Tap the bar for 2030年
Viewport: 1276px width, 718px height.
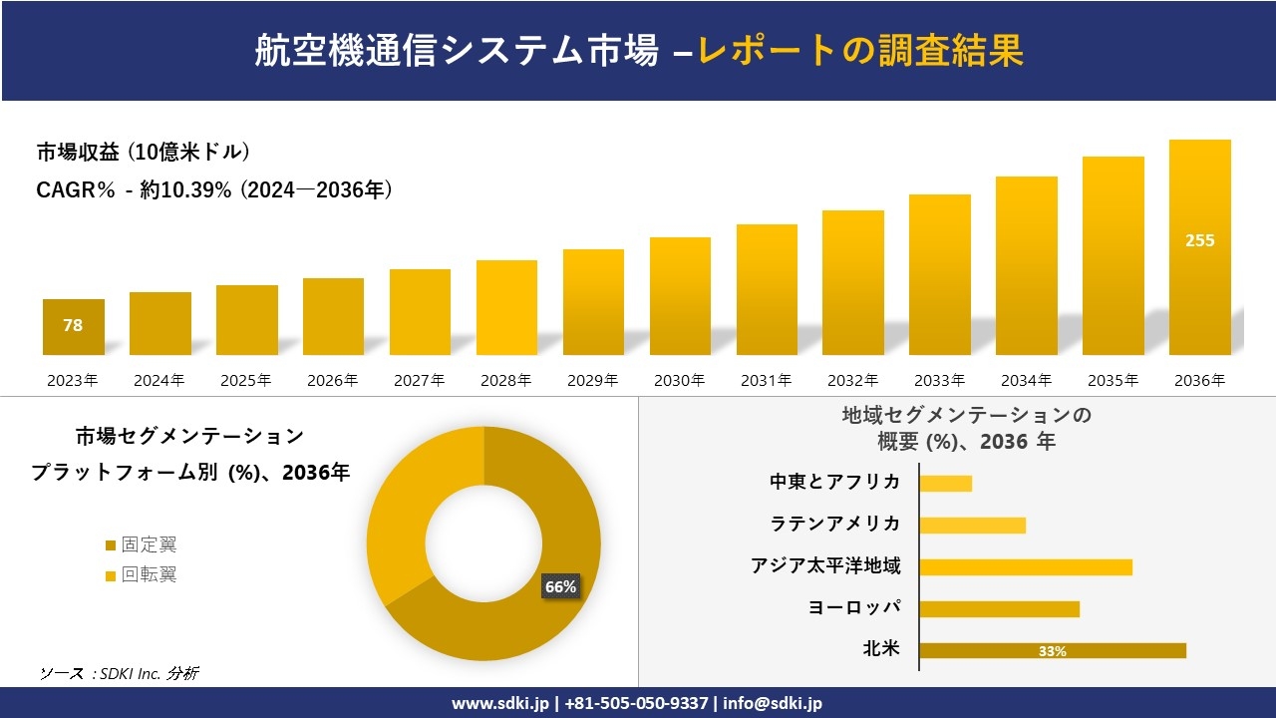coord(680,296)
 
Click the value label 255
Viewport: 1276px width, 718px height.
coord(1199,240)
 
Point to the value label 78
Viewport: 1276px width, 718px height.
coord(73,325)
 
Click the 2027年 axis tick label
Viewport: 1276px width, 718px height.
coord(419,380)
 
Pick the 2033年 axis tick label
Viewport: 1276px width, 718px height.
coord(939,380)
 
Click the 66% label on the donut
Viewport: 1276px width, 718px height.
coord(559,586)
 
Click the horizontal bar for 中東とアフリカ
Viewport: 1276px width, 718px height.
coord(945,484)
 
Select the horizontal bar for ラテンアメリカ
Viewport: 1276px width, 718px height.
coord(972,526)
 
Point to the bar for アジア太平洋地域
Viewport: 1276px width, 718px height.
coord(1026,567)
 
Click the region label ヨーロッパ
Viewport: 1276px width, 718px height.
coord(854,608)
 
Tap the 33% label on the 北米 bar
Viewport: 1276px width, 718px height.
coord(1052,651)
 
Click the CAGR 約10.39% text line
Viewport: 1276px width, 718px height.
coord(214,189)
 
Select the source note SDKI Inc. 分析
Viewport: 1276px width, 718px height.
coord(119,673)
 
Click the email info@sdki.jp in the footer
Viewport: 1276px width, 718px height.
coord(773,703)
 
